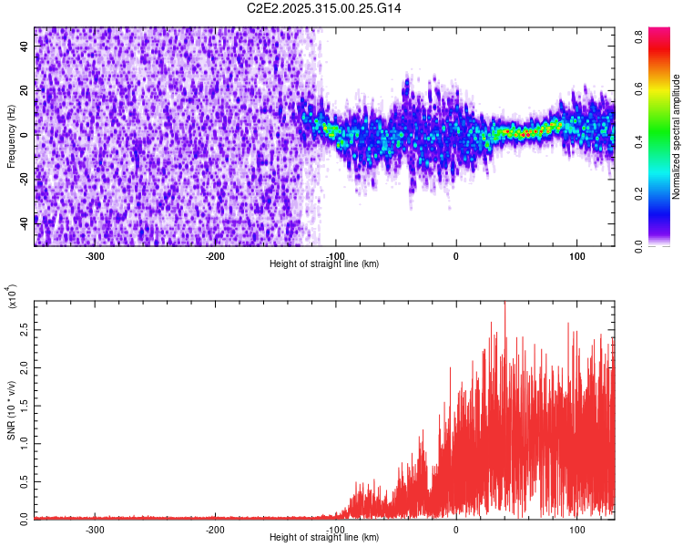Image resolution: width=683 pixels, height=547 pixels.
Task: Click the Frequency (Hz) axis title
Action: tap(12, 137)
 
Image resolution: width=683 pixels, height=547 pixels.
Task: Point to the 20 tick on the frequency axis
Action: tap(25, 90)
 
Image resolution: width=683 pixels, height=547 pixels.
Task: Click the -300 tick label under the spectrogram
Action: tap(95, 256)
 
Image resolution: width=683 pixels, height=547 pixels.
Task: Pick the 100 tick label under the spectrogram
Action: tap(576, 256)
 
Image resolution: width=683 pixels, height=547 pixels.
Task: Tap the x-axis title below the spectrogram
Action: tap(324, 264)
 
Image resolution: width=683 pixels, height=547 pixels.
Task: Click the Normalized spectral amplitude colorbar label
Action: tap(676, 137)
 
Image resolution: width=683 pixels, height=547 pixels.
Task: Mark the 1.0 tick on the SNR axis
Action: tap(25, 444)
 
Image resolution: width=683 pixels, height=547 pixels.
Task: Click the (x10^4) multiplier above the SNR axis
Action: tap(12, 296)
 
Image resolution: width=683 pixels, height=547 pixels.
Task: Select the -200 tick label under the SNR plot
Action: tap(215, 529)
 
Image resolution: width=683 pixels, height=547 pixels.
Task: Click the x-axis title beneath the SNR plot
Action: tap(324, 538)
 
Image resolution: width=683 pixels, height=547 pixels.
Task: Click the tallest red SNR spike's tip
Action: tap(504, 303)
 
